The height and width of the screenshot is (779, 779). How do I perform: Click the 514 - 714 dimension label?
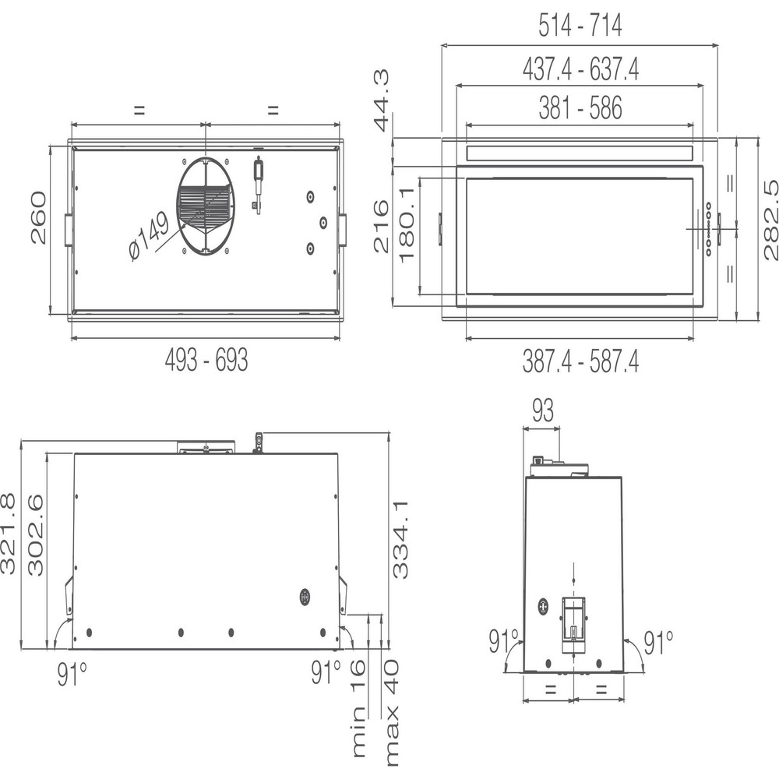click(x=580, y=26)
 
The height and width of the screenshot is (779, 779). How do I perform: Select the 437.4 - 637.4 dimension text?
click(x=580, y=70)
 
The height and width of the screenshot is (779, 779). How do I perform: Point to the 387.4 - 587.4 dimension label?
click(x=580, y=361)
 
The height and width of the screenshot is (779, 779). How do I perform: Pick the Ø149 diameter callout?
click(x=148, y=237)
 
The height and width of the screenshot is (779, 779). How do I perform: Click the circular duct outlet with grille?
click(x=205, y=206)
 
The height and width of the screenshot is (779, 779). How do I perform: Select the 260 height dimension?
click(x=38, y=217)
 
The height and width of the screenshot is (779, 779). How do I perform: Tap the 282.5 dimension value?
click(x=770, y=220)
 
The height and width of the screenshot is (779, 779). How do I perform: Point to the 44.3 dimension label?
click(x=381, y=100)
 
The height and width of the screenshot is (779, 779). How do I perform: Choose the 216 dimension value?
click(x=381, y=227)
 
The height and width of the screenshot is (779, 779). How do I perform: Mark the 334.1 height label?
click(x=400, y=539)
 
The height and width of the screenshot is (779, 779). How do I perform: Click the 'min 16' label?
click(x=358, y=708)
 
